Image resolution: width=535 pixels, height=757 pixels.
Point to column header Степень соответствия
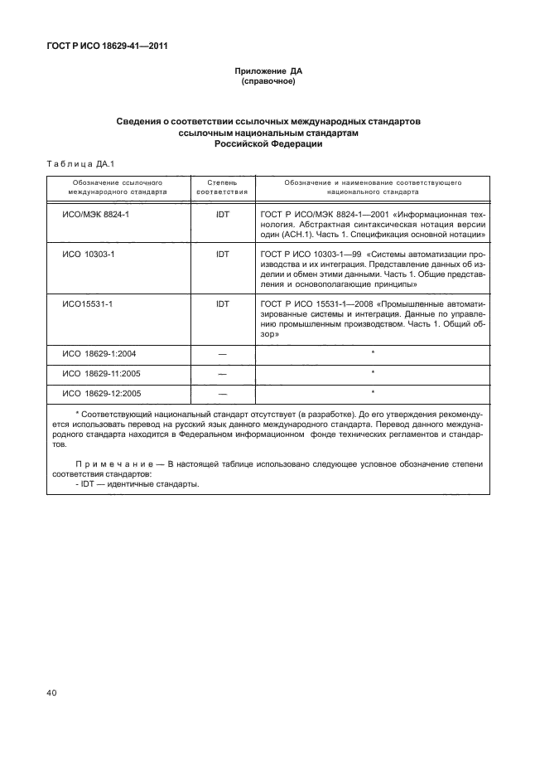coord(222,185)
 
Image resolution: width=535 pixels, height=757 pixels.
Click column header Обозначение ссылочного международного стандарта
coord(117,185)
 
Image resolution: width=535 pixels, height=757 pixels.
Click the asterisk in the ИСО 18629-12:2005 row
coord(373,391)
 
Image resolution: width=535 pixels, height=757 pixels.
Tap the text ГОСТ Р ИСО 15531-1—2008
coord(314,303)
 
